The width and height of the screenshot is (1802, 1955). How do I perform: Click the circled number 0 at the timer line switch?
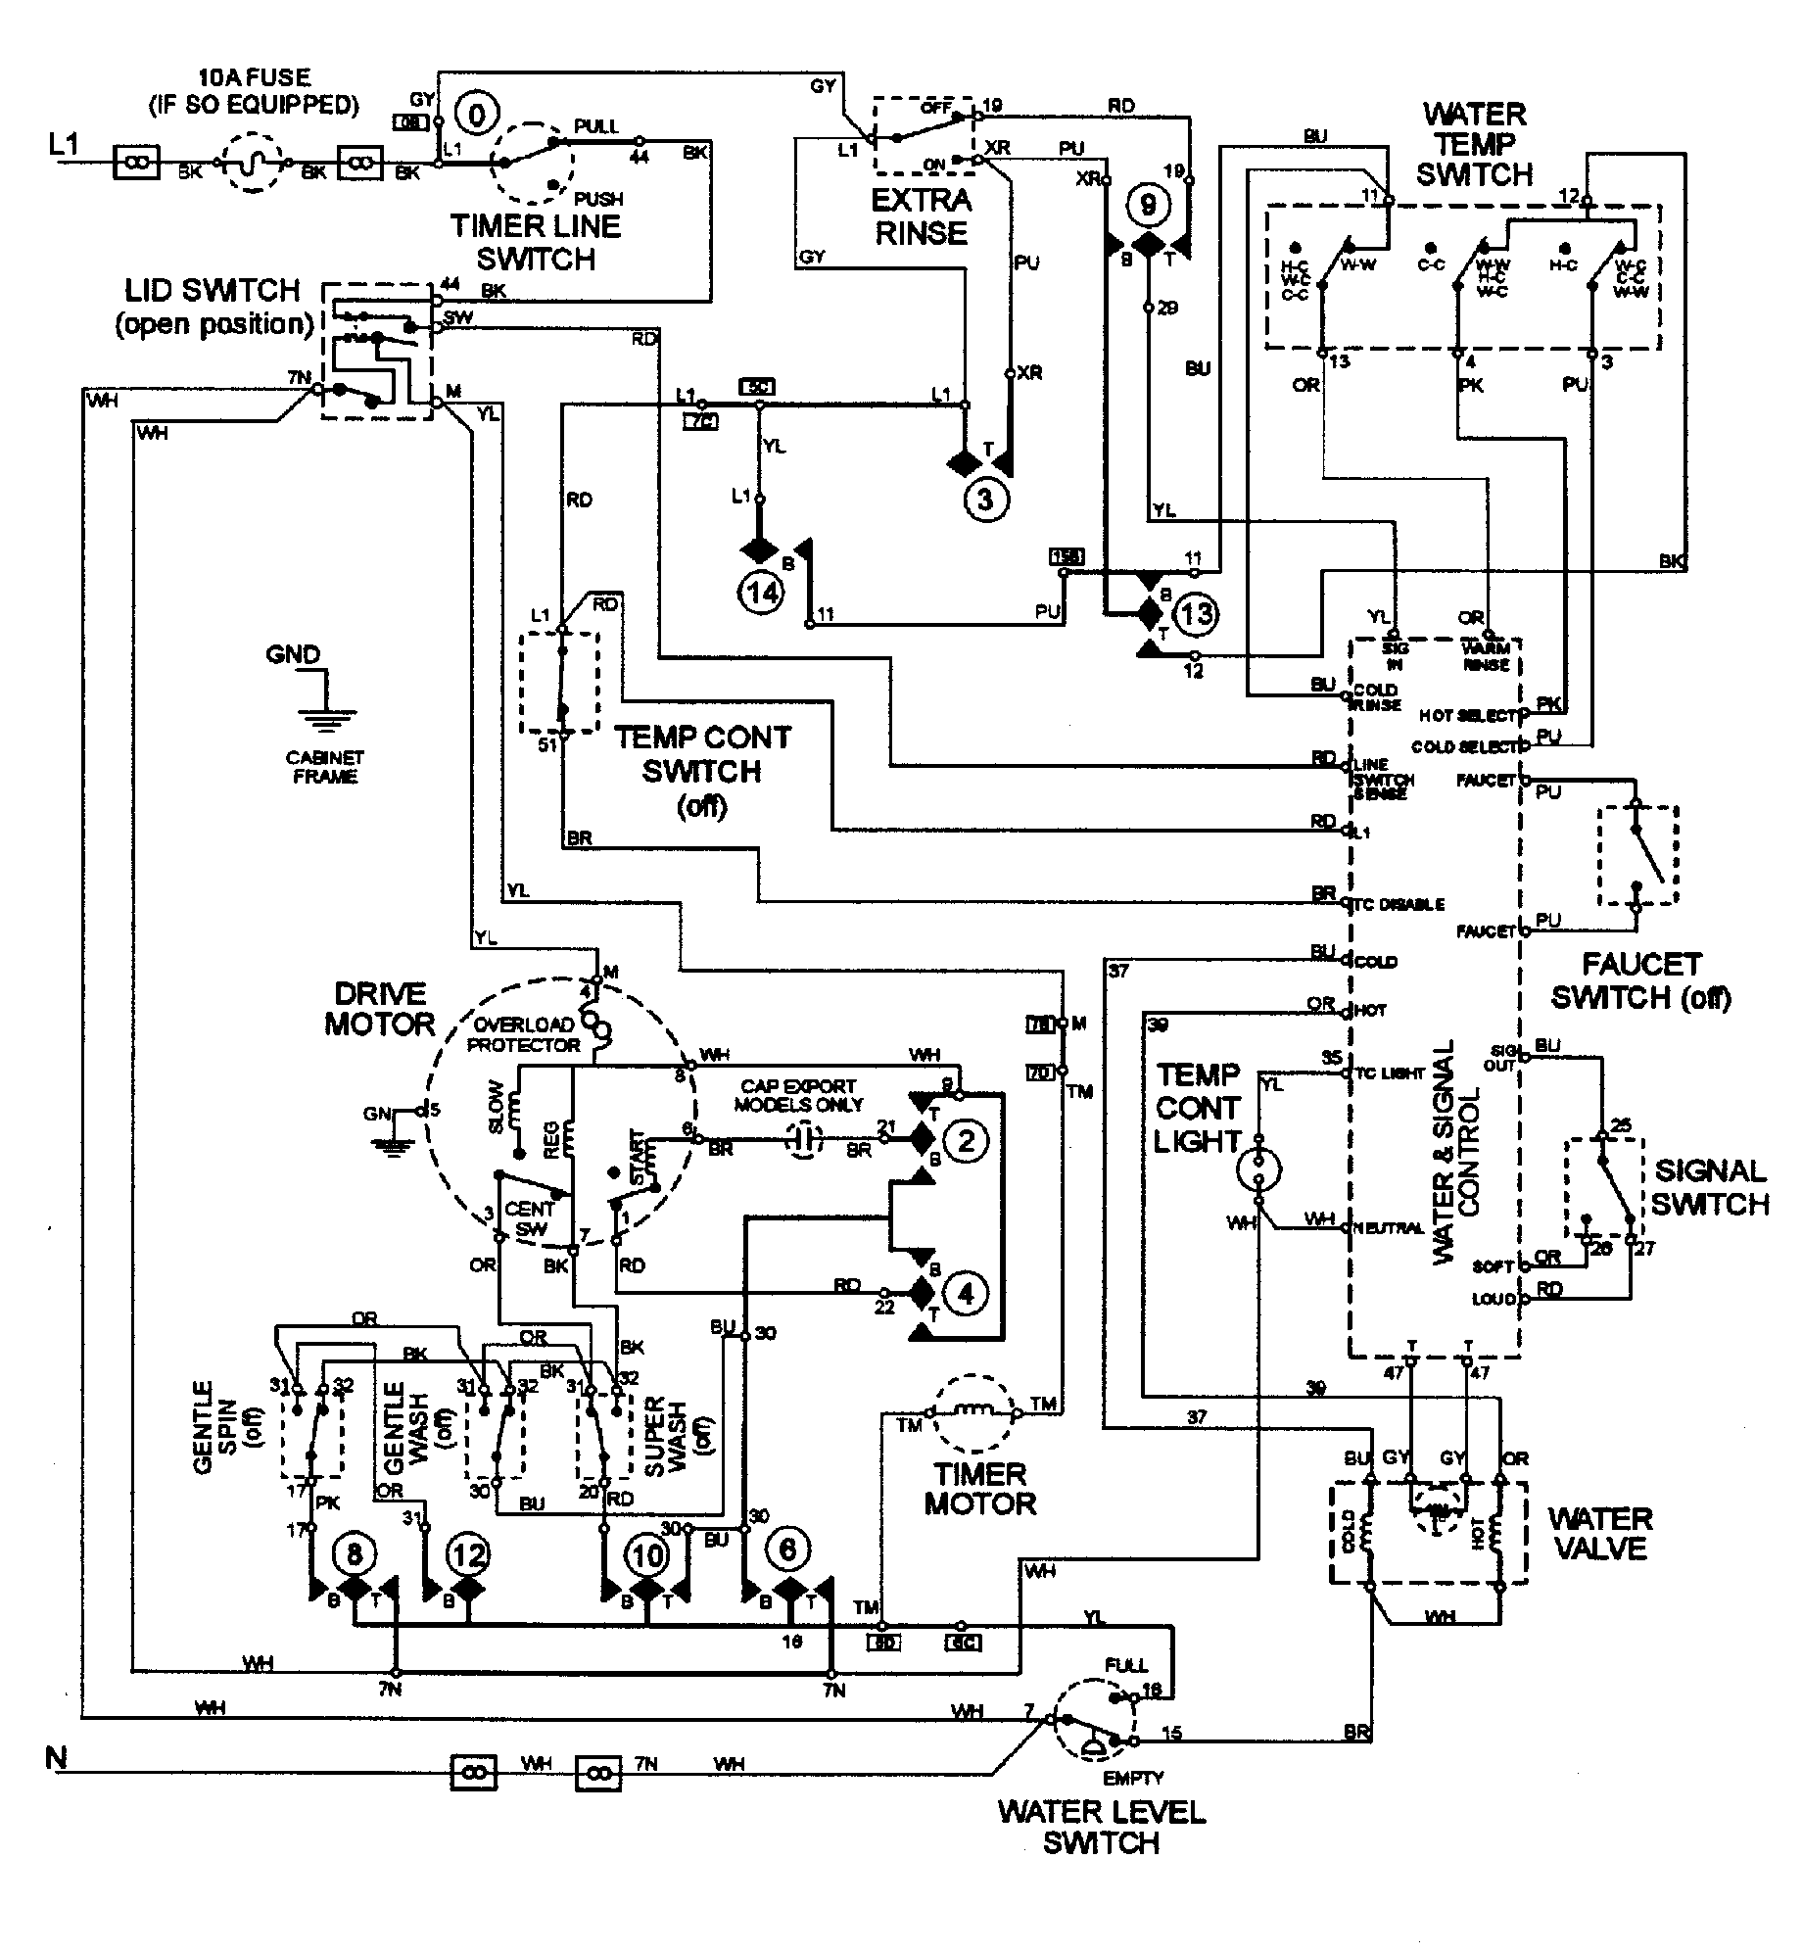pos(477,116)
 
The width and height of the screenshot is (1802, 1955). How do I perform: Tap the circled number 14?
pos(762,592)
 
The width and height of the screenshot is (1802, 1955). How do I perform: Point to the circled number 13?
pos(1196,614)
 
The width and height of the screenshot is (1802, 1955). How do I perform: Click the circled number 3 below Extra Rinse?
pos(984,500)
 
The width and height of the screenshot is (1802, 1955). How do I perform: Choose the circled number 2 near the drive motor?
pos(966,1140)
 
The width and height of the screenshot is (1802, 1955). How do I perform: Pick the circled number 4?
pos(966,1294)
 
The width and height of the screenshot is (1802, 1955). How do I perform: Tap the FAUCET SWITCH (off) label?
pos(1641,980)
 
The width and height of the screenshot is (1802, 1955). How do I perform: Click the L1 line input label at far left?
pos(63,146)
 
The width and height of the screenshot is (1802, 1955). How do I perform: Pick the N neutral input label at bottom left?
pos(56,1758)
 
